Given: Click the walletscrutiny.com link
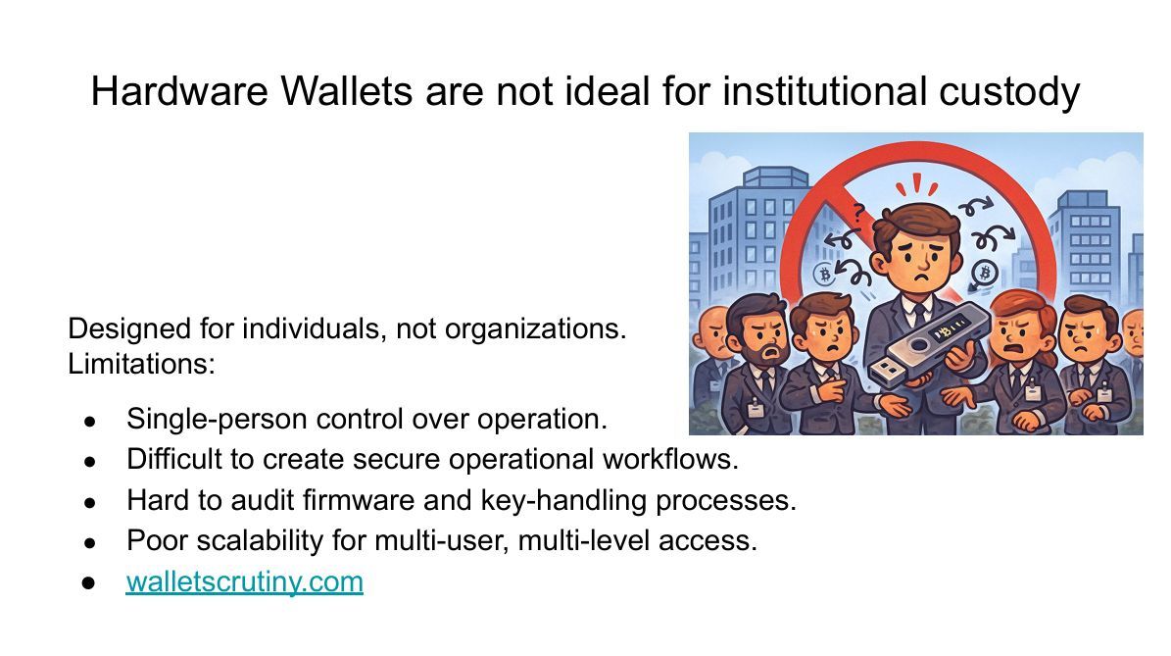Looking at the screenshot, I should click(x=244, y=581).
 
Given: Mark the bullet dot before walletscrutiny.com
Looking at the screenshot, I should click(x=89, y=582).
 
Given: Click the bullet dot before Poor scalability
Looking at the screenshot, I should click(x=89, y=541).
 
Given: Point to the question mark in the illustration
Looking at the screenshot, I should click(x=859, y=210).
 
